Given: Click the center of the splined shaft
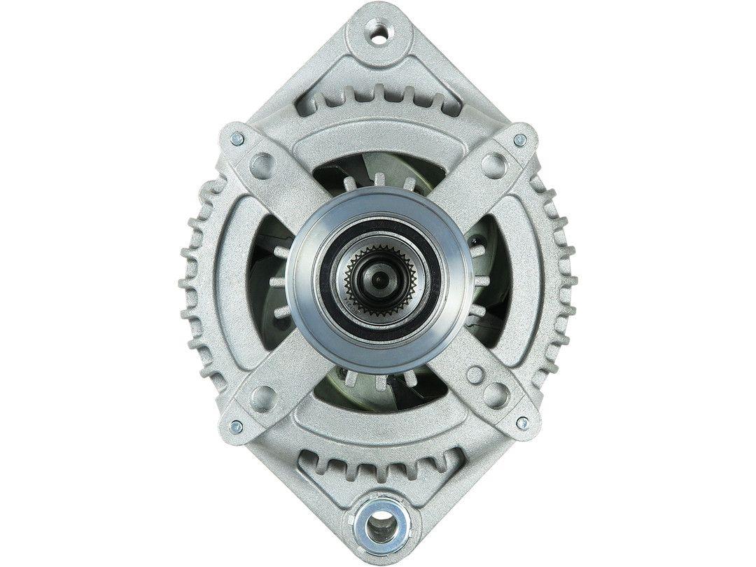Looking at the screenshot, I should [378, 280].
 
